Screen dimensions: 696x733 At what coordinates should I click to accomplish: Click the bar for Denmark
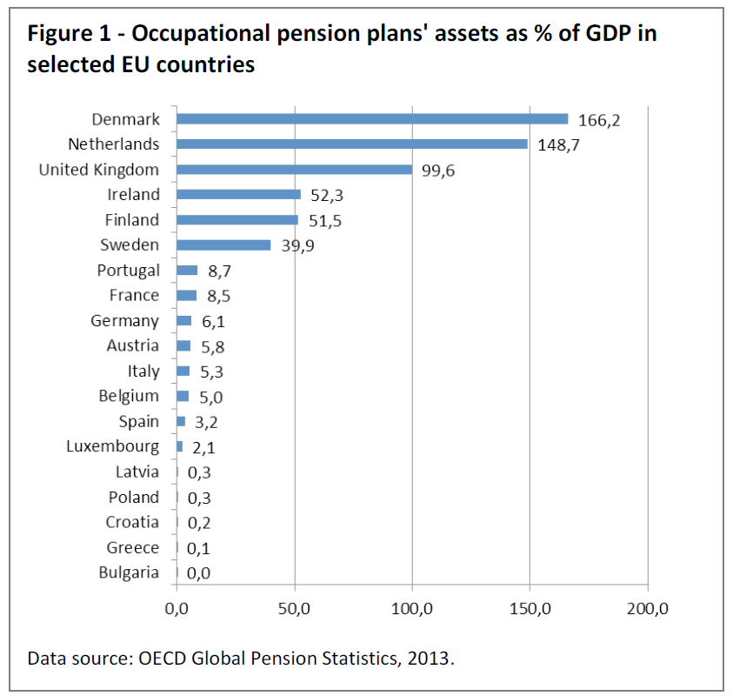click(372, 119)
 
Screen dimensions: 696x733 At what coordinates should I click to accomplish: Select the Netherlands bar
click(352, 144)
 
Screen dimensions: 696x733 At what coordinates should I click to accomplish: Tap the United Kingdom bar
click(294, 170)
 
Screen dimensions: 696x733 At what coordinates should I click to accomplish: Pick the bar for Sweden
click(223, 245)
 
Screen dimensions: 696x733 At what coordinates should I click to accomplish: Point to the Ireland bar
click(238, 195)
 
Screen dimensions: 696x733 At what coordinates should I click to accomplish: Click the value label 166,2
click(599, 120)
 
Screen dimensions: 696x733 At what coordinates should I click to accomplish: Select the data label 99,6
click(437, 171)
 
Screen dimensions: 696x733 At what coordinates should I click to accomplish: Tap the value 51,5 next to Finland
click(324, 221)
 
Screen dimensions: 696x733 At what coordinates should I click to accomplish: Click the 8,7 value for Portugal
click(219, 271)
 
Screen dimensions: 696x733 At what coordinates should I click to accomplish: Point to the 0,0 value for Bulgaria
click(199, 573)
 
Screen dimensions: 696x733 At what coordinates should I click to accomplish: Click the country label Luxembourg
click(113, 447)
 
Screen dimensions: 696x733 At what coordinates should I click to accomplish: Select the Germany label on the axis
click(125, 321)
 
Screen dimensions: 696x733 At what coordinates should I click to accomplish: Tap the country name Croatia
click(133, 522)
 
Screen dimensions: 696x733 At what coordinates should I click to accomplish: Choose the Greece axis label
click(133, 547)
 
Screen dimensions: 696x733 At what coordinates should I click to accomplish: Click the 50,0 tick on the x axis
click(295, 607)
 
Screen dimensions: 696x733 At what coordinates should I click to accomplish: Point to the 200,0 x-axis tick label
click(647, 607)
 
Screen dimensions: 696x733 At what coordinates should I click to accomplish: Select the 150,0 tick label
click(530, 607)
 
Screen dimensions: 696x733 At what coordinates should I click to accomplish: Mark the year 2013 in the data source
click(430, 658)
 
